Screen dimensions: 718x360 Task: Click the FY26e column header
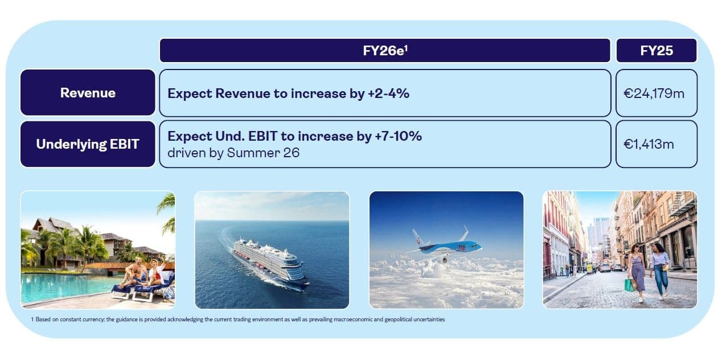(385, 51)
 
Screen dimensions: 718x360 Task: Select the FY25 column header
(657, 51)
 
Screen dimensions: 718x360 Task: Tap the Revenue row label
(88, 93)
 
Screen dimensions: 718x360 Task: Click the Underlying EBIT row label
(88, 144)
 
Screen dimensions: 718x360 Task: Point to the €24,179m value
(654, 93)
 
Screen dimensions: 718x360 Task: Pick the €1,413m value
(649, 144)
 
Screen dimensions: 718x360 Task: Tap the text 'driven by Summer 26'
(233, 153)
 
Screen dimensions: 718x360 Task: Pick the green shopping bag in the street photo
(629, 285)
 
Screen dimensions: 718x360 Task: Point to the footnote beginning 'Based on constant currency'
(238, 320)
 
